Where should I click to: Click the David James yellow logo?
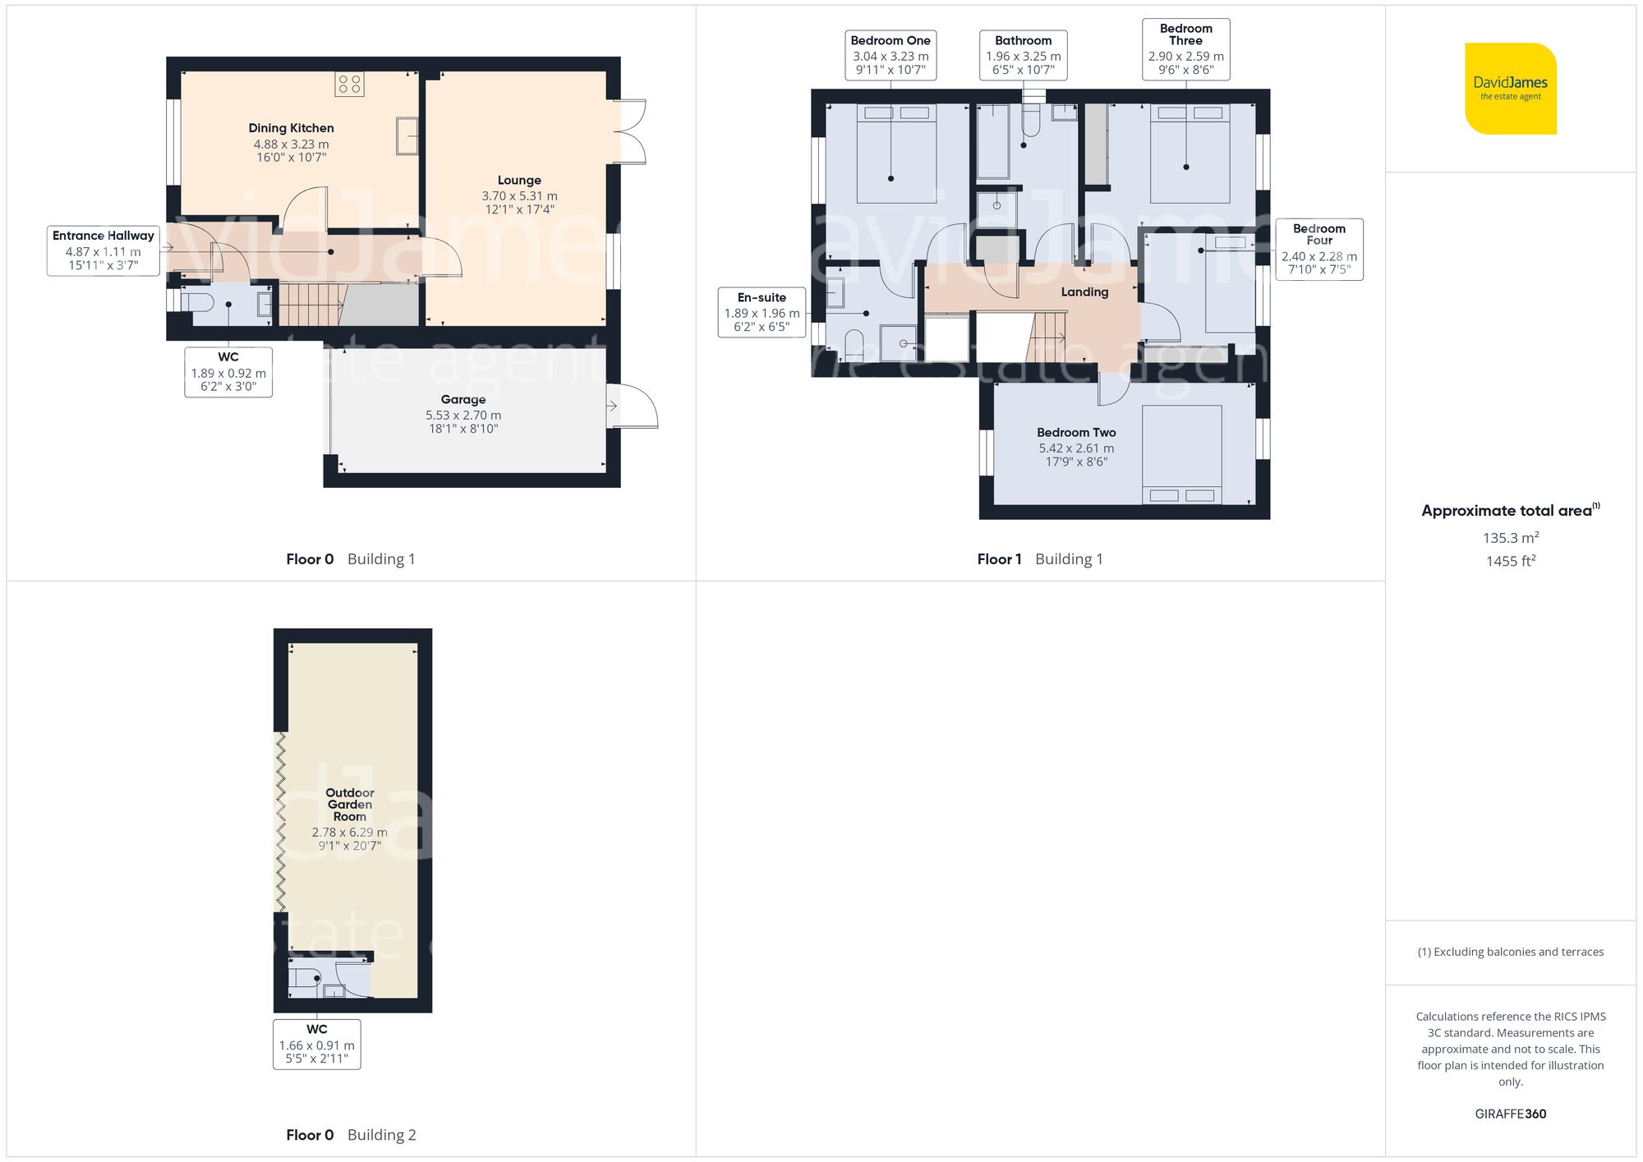[x=1510, y=89]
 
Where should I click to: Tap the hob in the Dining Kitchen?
[x=349, y=84]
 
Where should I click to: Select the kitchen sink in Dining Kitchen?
[x=407, y=135]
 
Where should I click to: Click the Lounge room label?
[x=519, y=181]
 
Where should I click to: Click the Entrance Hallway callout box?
[x=104, y=250]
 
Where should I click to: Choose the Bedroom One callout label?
[x=891, y=55]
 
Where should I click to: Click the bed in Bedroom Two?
[x=1181, y=454]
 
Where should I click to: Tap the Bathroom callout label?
[x=1023, y=55]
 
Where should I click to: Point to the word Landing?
[x=1084, y=292]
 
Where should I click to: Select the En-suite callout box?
[x=762, y=312]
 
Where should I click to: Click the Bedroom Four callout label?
[x=1319, y=249]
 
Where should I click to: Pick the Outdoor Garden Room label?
[x=350, y=805]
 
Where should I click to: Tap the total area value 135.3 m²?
[x=1510, y=538]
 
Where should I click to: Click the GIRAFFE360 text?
[x=1510, y=1114]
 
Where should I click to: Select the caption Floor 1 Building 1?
[x=1039, y=559]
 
